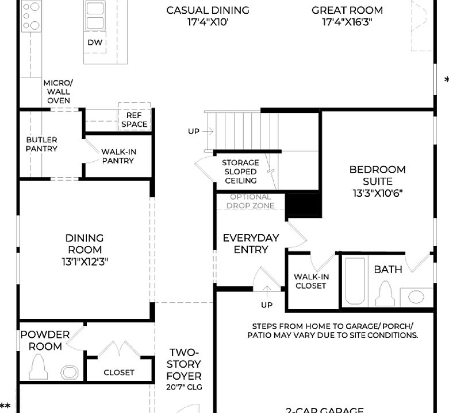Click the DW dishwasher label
(x=95, y=42)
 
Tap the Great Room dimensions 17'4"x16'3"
(x=347, y=22)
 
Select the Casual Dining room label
(x=208, y=10)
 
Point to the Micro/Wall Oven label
(x=59, y=92)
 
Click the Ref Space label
(x=133, y=120)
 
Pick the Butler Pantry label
(x=41, y=144)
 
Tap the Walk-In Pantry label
(x=118, y=156)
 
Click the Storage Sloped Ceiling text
(x=241, y=172)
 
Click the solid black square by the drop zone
(x=303, y=204)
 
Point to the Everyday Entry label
(x=251, y=243)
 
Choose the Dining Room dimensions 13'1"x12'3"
(x=85, y=262)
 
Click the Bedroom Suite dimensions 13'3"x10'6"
(x=377, y=193)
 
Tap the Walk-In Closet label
(x=311, y=281)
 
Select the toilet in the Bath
(x=384, y=295)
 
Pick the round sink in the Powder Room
(x=69, y=372)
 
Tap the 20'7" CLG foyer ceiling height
(x=184, y=388)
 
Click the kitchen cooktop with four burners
(x=32, y=17)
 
